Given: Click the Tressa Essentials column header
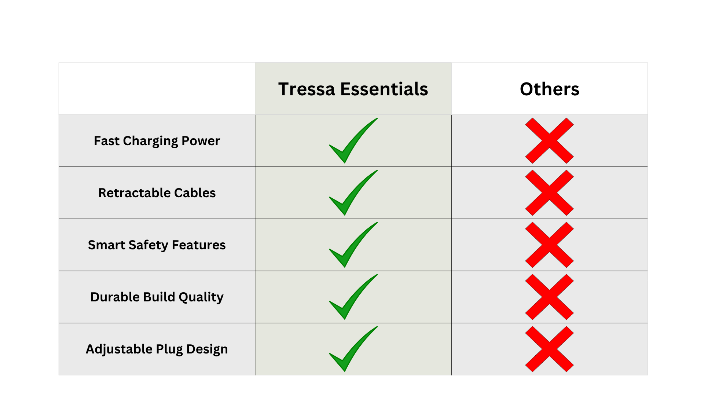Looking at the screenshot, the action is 353,89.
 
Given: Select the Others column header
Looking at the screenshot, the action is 550,89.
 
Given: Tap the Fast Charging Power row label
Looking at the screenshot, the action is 157,141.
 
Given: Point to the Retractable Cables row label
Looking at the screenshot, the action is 157,193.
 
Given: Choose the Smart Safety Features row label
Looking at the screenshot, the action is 157,245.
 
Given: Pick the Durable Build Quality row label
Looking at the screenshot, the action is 157,297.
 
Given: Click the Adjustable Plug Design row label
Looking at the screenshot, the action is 157,349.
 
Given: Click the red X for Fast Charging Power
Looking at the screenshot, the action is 549,141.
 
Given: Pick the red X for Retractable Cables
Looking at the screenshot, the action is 549,193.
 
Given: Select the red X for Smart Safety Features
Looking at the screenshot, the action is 549,245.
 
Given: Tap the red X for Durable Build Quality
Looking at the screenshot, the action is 549,297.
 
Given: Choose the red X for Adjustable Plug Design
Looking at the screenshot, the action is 549,349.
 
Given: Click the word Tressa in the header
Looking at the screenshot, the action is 307,89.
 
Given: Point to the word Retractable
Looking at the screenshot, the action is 134,193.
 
